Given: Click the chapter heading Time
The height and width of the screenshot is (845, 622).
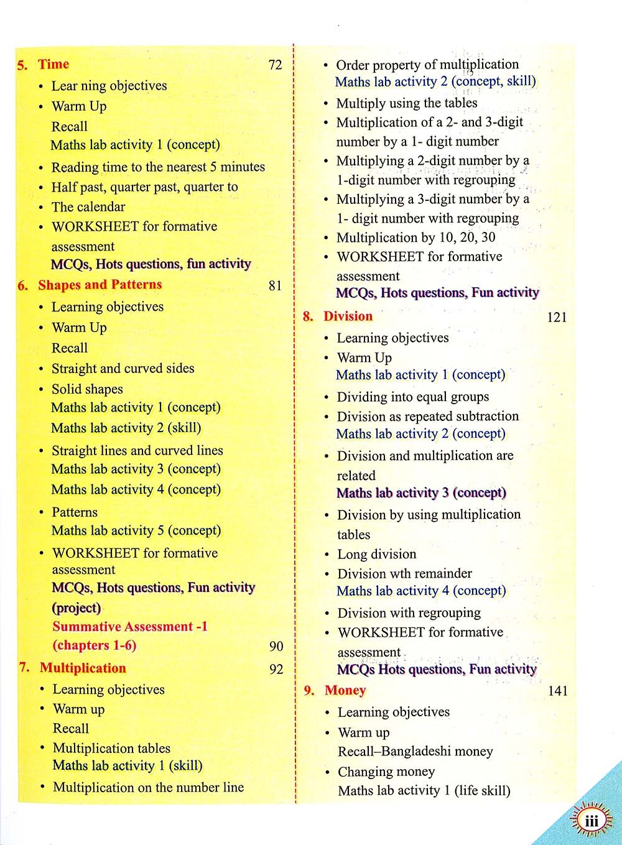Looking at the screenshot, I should coord(53,64).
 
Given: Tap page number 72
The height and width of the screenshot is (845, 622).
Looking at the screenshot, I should coord(275,65).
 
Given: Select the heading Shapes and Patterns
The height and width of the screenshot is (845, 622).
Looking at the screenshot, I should coord(100,285).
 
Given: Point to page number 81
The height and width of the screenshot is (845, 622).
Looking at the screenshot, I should coord(275,285).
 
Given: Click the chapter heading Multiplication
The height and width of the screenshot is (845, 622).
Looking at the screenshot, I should coord(83,668).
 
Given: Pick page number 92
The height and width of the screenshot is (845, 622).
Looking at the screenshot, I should coord(276,669).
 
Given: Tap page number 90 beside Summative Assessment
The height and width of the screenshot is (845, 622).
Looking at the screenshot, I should coord(276,646).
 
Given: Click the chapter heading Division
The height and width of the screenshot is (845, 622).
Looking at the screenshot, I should coord(348,316).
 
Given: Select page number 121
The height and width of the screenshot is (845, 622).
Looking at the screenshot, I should coord(557,317).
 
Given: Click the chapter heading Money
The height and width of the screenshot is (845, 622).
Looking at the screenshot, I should coord(345,690).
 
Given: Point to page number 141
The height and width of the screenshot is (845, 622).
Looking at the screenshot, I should coord(558,691).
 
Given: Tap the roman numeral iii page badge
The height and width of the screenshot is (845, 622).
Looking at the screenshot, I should coord(591,821).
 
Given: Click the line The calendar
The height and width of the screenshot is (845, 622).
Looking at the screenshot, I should coord(88,206).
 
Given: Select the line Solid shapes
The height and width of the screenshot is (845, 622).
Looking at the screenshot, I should coord(87,389).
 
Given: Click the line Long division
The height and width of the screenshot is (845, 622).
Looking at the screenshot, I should coord(376,554).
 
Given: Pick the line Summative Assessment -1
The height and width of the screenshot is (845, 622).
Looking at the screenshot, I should coord(130,626).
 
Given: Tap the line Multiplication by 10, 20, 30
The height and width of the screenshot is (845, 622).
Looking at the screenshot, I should coord(415,238).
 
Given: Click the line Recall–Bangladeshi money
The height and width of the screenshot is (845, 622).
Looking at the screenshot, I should coord(415,751).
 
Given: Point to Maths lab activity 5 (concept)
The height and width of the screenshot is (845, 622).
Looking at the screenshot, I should coord(136,530).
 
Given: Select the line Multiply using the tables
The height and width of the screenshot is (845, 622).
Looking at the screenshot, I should coord(407,103).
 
